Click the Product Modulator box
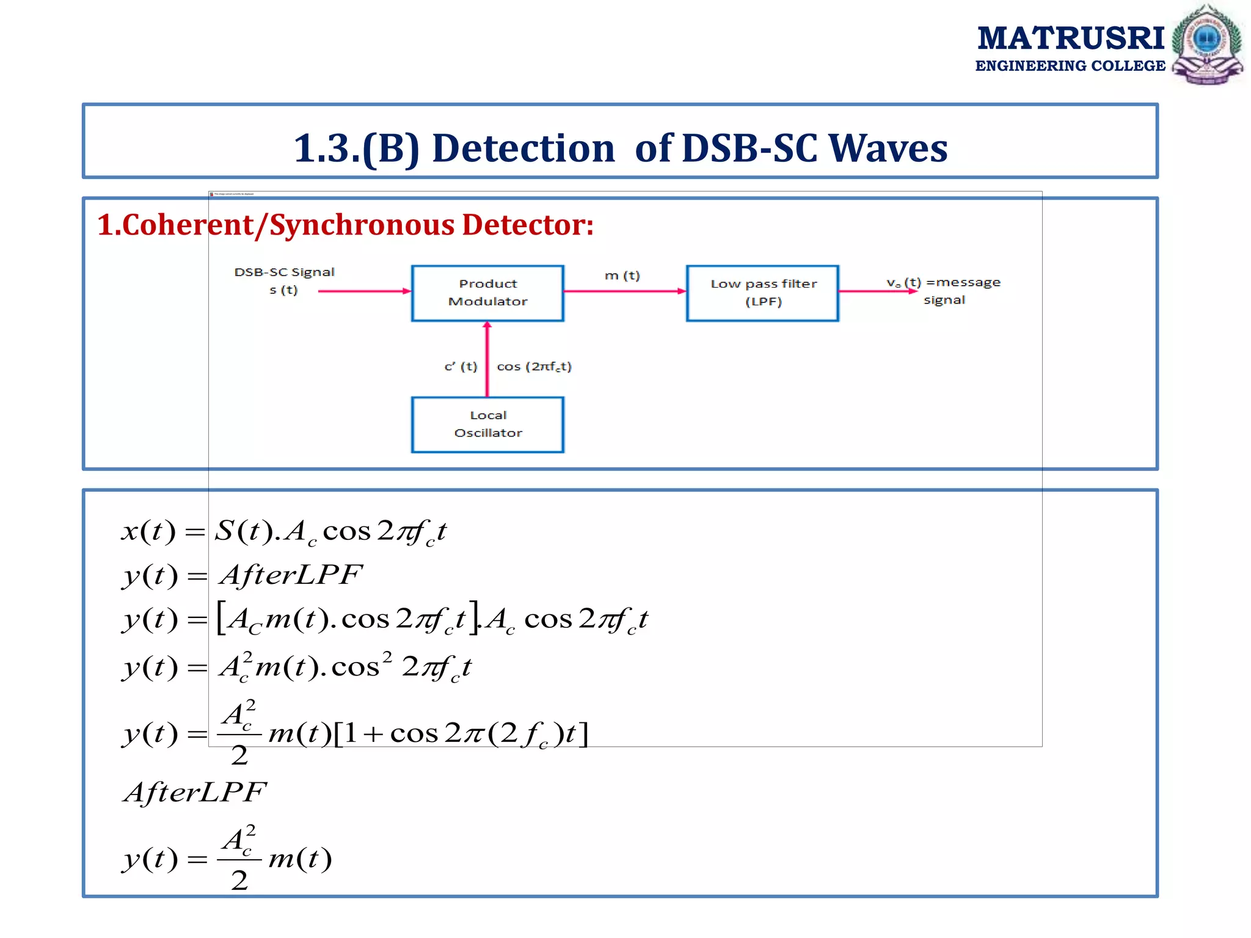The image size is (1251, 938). [x=487, y=293]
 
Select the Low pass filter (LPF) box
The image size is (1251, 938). [x=762, y=293]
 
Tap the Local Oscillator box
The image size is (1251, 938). [x=487, y=424]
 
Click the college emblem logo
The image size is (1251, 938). [x=1206, y=44]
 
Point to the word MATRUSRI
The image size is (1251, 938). [x=1070, y=38]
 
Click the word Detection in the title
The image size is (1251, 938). [x=523, y=148]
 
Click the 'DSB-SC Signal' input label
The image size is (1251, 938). [x=284, y=272]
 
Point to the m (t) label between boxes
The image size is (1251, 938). [x=622, y=276]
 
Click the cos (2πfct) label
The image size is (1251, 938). [x=534, y=366]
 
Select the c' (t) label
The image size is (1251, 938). [x=461, y=366]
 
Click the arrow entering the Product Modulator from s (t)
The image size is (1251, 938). [x=365, y=291]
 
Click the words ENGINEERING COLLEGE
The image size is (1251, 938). [x=1070, y=66]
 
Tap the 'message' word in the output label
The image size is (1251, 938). [x=968, y=283]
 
